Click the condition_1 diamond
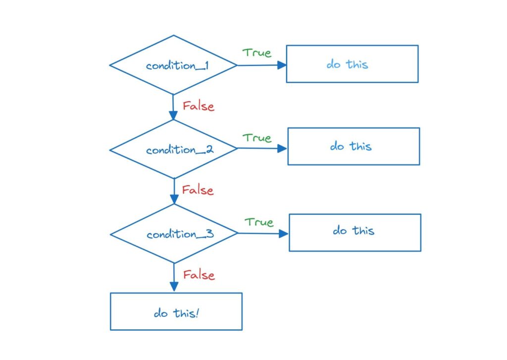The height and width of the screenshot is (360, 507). click(x=173, y=65)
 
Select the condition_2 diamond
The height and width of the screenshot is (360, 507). click(x=174, y=149)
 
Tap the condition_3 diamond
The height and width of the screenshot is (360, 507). click(x=174, y=234)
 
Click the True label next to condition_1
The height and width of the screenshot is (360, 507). click(x=256, y=53)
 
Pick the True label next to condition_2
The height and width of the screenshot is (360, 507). click(x=257, y=138)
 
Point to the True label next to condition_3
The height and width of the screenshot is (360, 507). click(x=259, y=222)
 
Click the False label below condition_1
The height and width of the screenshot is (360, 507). click(x=198, y=106)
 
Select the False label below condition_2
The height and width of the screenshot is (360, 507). click(x=198, y=190)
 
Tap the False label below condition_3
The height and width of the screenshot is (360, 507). click(x=199, y=275)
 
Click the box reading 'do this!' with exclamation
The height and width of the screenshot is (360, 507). click(x=176, y=311)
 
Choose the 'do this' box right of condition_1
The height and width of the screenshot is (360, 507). click(x=352, y=64)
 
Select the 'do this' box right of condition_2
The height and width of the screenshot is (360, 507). click(x=354, y=146)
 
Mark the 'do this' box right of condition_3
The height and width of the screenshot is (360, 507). click(x=355, y=232)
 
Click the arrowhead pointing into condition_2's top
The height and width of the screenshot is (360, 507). click(x=173, y=115)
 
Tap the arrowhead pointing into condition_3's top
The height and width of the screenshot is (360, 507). click(x=174, y=200)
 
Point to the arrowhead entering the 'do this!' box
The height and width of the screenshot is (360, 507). click(x=174, y=287)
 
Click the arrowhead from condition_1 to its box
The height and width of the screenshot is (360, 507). click(x=282, y=65)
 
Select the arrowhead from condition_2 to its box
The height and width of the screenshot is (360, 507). click(x=282, y=148)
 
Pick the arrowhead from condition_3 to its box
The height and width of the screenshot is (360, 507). click(x=284, y=233)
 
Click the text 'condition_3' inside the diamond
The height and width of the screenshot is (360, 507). click(x=180, y=234)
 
